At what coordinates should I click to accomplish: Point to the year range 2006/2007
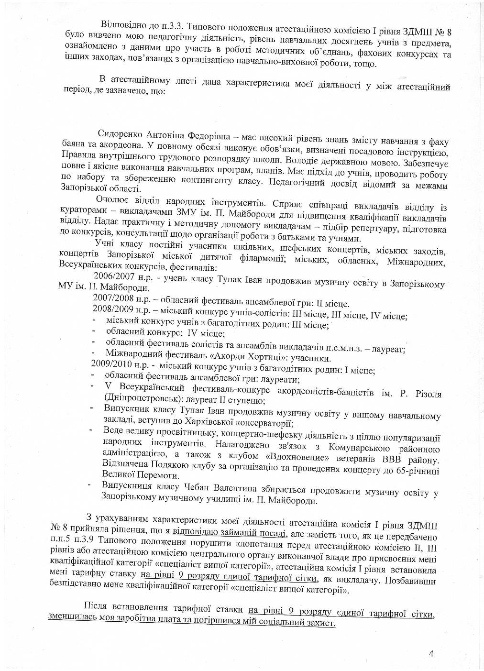(x=111, y=277)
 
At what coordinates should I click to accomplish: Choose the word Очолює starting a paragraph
(x=112, y=200)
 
